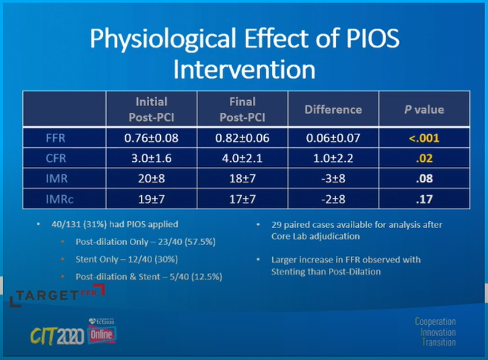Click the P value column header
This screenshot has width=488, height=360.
point(423,109)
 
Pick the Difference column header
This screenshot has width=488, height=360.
point(333,109)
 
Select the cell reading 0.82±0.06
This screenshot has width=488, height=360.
point(244,137)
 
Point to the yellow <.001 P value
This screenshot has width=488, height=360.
point(423,137)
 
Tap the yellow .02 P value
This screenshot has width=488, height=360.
point(423,157)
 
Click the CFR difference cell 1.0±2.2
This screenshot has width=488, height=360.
point(333,157)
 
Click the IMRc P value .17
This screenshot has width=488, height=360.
point(423,199)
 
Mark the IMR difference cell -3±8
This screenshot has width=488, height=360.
point(333,178)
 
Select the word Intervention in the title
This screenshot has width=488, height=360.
point(244,70)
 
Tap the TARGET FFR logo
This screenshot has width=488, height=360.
point(52,295)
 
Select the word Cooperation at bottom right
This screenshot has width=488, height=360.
point(435,322)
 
